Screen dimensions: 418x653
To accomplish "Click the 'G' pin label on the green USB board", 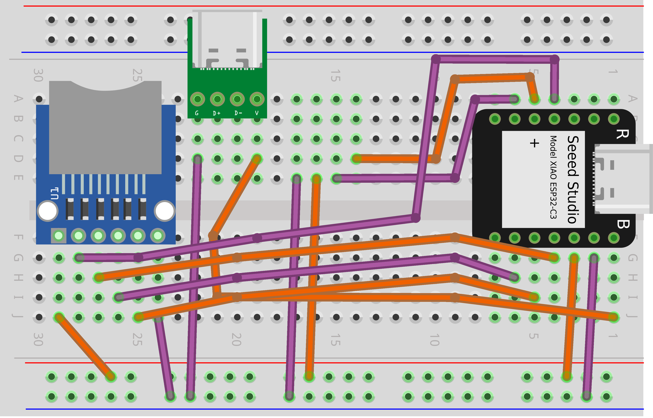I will [x=197, y=113].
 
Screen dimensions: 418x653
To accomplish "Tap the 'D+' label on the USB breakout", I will [x=217, y=113].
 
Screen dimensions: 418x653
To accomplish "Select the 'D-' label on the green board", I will [x=238, y=113].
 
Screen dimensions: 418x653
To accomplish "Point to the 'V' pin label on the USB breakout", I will [x=257, y=113].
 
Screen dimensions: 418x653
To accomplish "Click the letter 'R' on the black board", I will [x=622, y=134].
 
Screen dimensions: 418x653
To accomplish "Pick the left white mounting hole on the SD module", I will [x=48, y=211].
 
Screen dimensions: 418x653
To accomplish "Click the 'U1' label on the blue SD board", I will [x=55, y=193].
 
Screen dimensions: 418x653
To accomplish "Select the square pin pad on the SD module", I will [x=59, y=236].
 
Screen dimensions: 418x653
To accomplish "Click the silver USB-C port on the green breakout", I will [x=227, y=39].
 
